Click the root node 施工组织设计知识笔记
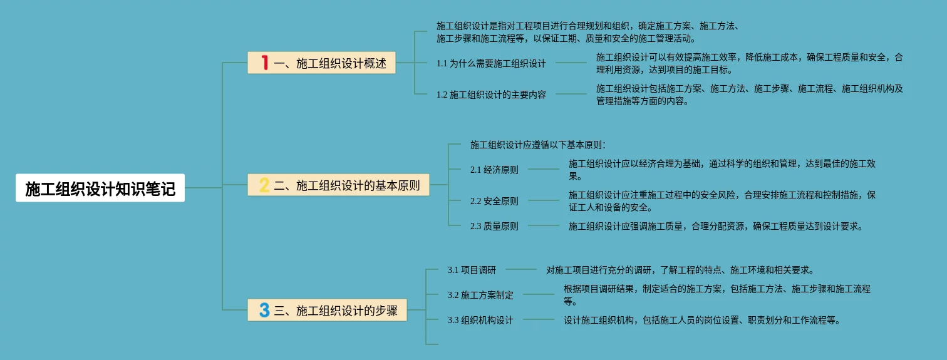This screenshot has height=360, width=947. (100, 188)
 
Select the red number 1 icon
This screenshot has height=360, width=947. (264, 63)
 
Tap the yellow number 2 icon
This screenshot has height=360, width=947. (264, 185)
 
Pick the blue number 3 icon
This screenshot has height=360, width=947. (264, 310)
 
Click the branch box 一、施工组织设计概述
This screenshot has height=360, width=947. (321, 63)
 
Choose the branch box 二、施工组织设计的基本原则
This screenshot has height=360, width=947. (338, 185)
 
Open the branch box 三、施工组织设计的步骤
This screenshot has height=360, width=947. (327, 310)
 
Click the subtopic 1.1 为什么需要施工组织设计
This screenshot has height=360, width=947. (491, 63)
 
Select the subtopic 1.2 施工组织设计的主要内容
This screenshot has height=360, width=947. (491, 95)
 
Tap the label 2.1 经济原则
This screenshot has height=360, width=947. (494, 170)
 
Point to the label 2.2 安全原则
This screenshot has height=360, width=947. (494, 201)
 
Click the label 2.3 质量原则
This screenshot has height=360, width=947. (494, 226)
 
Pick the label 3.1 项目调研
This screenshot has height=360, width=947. (472, 270)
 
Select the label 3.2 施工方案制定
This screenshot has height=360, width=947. (480, 295)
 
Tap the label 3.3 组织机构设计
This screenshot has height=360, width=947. (480, 320)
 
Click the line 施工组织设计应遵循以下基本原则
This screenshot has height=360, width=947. (537, 145)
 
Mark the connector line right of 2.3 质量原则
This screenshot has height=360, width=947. (544, 226)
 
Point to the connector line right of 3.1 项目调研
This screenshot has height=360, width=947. (521, 270)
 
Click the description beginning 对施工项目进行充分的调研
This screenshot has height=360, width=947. (680, 270)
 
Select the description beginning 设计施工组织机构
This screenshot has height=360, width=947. (701, 320)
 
